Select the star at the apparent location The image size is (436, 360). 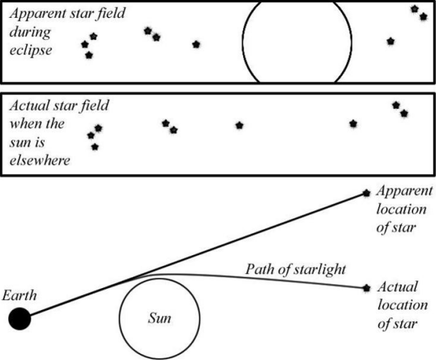click(367, 192)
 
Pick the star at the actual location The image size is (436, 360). click(367, 288)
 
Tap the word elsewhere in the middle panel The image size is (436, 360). click(40, 160)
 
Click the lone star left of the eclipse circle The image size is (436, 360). click(197, 44)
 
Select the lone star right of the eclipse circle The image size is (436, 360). click(390, 41)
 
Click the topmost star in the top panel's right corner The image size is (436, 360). click(415, 9)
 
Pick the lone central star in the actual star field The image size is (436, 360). click(239, 125)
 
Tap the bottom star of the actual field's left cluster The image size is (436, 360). click(95, 147)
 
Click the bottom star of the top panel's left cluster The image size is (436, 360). click(88, 55)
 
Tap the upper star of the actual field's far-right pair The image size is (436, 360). click(396, 106)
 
